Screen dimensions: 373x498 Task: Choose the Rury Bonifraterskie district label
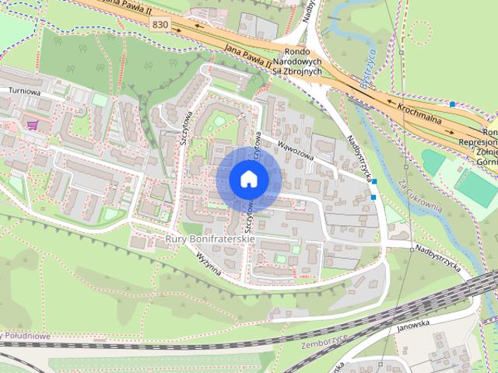click(x=210, y=241)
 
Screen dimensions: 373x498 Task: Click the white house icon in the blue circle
click(x=249, y=179)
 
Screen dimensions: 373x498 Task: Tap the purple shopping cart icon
click(x=32, y=124)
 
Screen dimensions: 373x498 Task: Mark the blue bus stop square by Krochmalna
click(x=452, y=103)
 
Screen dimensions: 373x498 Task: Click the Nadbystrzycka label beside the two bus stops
click(x=358, y=155)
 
